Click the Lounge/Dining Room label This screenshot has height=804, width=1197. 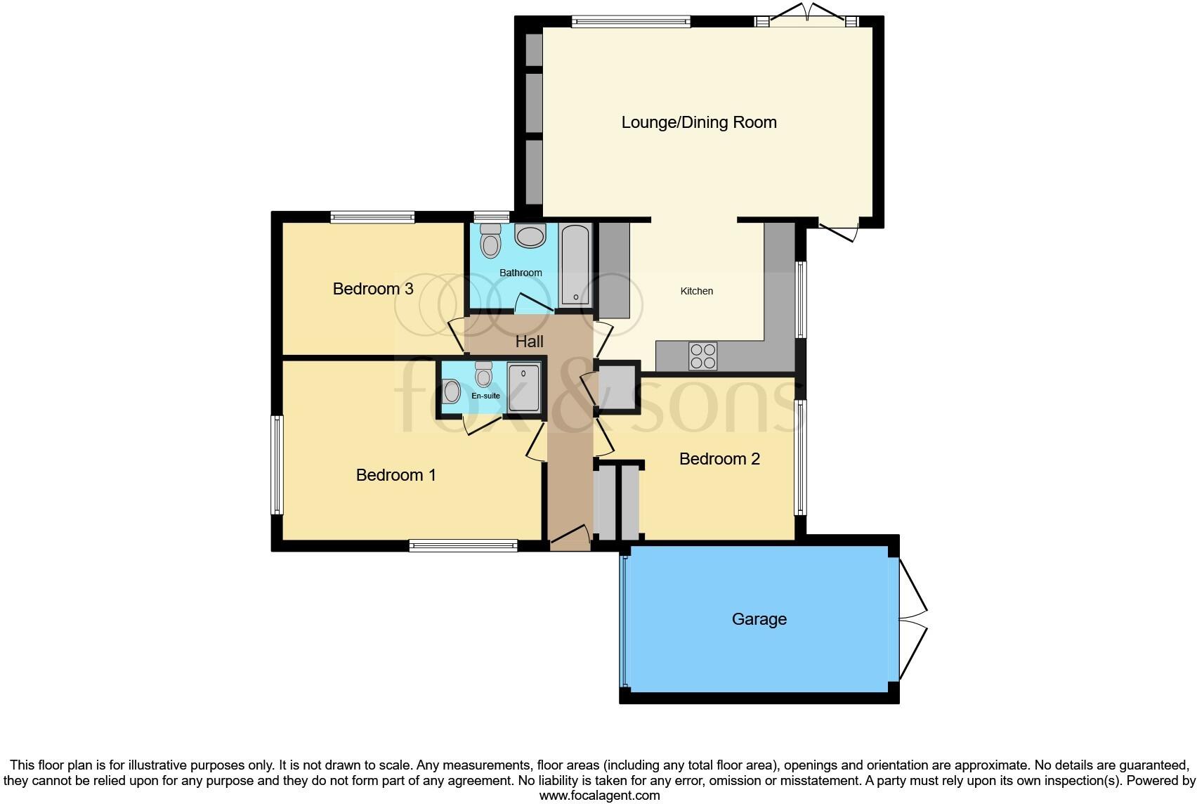[699, 122]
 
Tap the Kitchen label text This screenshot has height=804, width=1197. [697, 291]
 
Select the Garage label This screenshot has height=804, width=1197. [759, 619]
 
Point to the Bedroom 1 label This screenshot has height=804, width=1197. [395, 475]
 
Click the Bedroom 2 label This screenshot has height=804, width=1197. [719, 459]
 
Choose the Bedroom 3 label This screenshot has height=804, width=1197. [372, 289]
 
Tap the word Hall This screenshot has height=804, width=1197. [530, 342]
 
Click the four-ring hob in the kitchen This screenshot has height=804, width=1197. [703, 356]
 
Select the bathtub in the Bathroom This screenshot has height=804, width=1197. [576, 264]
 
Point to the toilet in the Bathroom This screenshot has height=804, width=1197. [490, 240]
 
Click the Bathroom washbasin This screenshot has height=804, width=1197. [530, 236]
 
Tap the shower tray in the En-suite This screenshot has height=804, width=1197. [524, 387]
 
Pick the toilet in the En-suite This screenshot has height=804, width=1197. [483, 375]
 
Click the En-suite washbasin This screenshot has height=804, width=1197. [452, 390]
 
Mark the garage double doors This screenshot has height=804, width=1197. [912, 619]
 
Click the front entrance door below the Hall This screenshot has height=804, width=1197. [570, 539]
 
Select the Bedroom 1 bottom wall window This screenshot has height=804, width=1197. [464, 545]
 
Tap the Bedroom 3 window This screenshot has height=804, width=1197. [372, 217]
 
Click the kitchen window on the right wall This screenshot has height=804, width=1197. [801, 299]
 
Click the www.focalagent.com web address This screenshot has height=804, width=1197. [599, 796]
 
